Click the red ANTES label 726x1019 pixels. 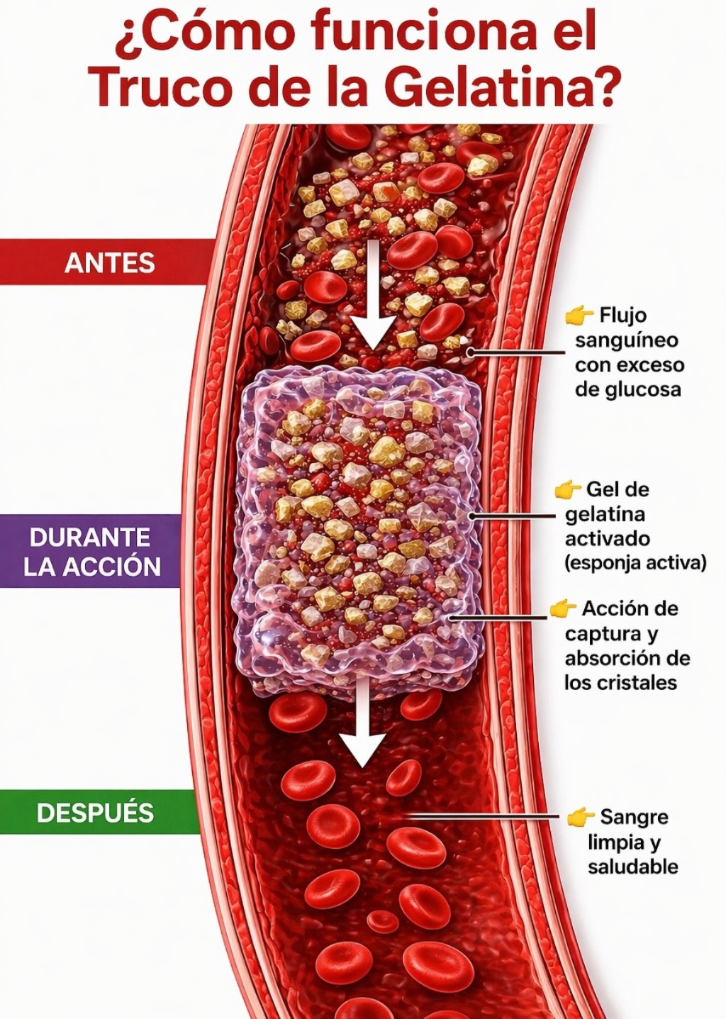point(109,262)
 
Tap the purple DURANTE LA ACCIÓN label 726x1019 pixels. point(91,551)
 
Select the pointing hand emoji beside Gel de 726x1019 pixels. point(568,489)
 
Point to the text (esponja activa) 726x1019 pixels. point(635,563)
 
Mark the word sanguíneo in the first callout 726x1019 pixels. point(627,341)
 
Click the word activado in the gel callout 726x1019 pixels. point(607,539)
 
